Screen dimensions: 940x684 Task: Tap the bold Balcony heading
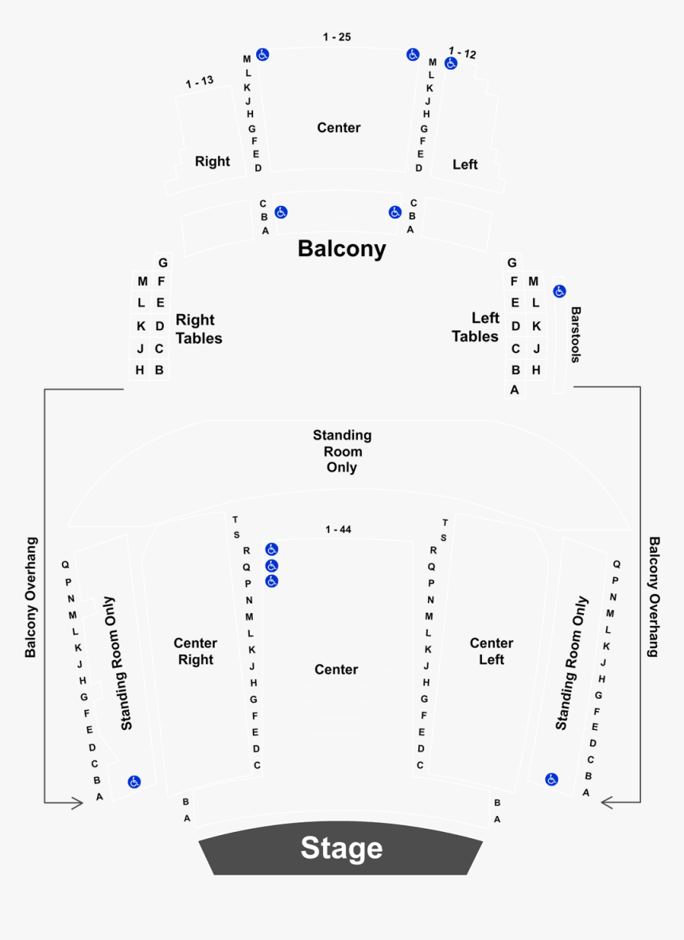coord(341,248)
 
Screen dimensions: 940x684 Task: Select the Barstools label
coord(575,335)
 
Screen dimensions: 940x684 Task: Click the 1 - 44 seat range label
coord(338,530)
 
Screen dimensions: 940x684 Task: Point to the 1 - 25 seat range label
coord(336,37)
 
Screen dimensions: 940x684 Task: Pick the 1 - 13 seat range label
coord(200,82)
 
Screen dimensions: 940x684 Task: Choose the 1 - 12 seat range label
coord(462,53)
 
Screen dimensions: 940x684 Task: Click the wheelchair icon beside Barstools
coord(559,291)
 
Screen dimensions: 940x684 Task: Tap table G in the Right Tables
coord(162,262)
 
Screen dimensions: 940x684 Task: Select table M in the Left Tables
coord(534,282)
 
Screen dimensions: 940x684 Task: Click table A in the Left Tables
coord(515,390)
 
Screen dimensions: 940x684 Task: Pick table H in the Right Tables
coord(140,370)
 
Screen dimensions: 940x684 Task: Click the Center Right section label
coord(195,651)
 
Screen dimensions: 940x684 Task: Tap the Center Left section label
coord(492,651)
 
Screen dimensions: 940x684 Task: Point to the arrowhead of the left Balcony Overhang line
coord(77,803)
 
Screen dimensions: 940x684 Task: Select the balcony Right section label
coord(212,161)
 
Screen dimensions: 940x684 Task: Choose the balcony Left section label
coord(465,165)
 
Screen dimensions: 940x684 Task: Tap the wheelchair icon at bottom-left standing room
coord(134,782)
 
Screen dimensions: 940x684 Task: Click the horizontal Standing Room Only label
coord(342,451)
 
